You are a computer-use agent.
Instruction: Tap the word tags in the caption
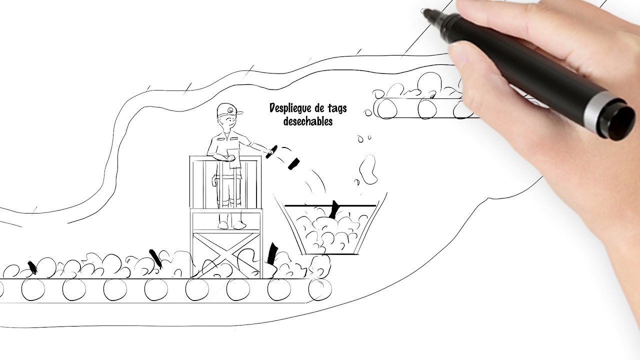[x=336, y=108]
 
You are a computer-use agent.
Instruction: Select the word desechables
[x=308, y=121]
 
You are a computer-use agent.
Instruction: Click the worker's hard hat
[x=229, y=110]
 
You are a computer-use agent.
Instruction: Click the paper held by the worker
[x=234, y=158]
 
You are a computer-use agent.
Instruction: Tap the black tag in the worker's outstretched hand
[x=271, y=151]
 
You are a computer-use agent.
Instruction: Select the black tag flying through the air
[x=293, y=163]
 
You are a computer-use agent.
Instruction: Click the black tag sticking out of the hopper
[x=333, y=209]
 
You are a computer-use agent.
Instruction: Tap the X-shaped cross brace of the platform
[x=226, y=255]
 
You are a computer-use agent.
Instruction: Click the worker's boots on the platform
[x=231, y=225]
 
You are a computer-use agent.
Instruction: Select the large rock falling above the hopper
[x=368, y=169]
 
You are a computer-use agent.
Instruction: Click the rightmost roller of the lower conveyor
[x=319, y=289]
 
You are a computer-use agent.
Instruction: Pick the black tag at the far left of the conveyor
[x=32, y=268]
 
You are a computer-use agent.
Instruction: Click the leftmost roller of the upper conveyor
[x=386, y=109]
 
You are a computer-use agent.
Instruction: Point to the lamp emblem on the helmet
[x=229, y=110]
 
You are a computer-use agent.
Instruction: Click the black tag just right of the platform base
[x=272, y=253]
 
